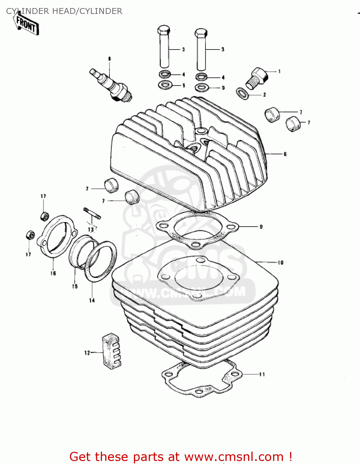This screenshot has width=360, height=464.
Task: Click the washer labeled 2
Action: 242,93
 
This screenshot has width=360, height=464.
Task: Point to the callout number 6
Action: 285,154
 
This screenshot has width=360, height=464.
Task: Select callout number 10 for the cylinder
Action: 281,263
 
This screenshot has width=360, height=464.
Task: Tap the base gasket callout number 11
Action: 262,374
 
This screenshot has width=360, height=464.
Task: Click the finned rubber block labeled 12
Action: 111,351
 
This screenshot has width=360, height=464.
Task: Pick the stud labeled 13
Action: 92,214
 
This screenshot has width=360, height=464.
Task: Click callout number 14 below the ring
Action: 92,300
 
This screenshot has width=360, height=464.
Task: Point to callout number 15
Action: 75,286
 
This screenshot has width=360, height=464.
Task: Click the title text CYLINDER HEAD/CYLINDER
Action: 64,11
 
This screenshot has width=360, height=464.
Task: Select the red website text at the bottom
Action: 181,457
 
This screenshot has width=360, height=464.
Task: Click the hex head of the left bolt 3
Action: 164,31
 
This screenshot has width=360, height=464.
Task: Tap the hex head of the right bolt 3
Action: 201,32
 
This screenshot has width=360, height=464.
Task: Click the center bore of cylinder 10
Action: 199,277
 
